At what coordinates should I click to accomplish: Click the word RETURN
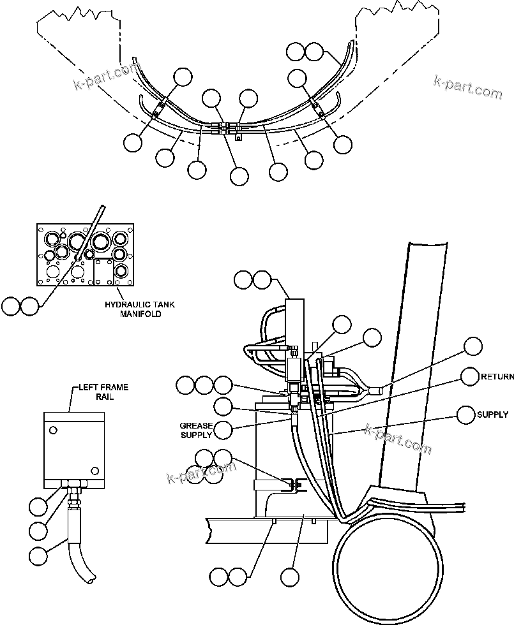[x=497, y=377]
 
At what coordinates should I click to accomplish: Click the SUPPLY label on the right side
[x=492, y=415]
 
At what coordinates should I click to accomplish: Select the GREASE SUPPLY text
[x=195, y=430]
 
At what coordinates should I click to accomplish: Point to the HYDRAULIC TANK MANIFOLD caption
[x=133, y=309]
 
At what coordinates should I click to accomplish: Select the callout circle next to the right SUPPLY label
[x=466, y=415]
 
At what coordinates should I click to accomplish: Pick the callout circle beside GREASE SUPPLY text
[x=223, y=430]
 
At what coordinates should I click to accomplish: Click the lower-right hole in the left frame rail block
[x=94, y=471]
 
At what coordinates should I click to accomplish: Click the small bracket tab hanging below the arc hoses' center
[x=238, y=135]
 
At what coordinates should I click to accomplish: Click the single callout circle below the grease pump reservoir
[x=290, y=578]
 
